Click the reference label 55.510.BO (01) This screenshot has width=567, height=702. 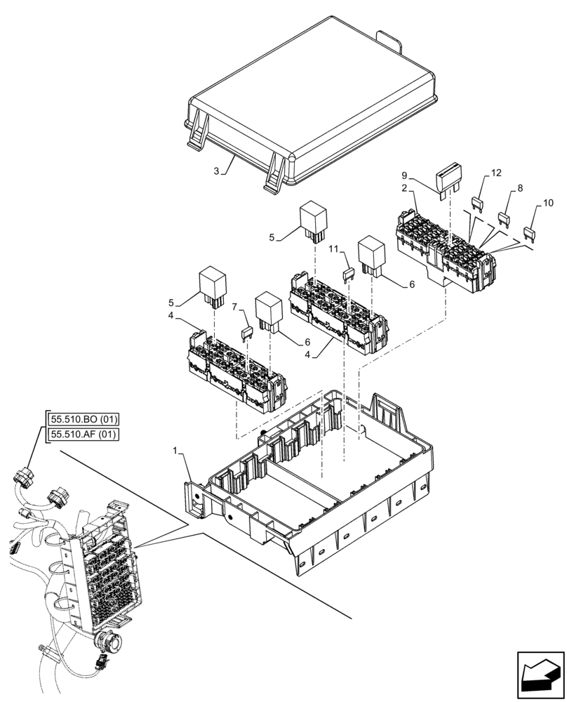[84, 420]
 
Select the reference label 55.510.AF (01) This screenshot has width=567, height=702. [84, 435]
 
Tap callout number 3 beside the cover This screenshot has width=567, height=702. [217, 171]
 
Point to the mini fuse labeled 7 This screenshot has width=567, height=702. [246, 333]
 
